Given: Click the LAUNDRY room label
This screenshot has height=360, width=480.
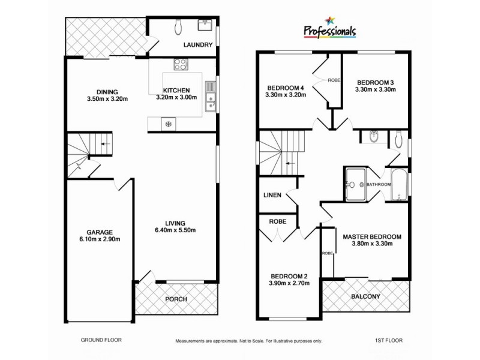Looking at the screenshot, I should pos(199,44).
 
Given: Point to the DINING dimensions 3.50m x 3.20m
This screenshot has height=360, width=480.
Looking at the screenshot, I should pos(108,99).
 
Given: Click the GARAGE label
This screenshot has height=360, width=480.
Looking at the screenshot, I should pos(100,232).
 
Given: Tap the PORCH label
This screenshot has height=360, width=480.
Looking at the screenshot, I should pos(176,299).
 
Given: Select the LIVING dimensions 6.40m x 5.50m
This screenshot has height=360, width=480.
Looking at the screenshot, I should pos(176,230).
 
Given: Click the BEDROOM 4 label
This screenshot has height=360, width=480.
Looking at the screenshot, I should pos(284,88).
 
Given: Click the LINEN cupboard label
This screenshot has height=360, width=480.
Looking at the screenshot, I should pos(273,196).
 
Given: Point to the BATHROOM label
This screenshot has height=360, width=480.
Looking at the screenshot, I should pos(379,185).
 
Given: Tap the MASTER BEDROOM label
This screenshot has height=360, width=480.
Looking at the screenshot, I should pos(371,236).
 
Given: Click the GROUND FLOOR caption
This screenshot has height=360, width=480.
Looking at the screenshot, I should pos(101,340).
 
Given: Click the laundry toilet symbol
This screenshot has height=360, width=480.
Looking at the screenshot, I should pos(178,26).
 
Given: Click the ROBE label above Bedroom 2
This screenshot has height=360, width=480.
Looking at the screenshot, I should pos(277,221).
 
